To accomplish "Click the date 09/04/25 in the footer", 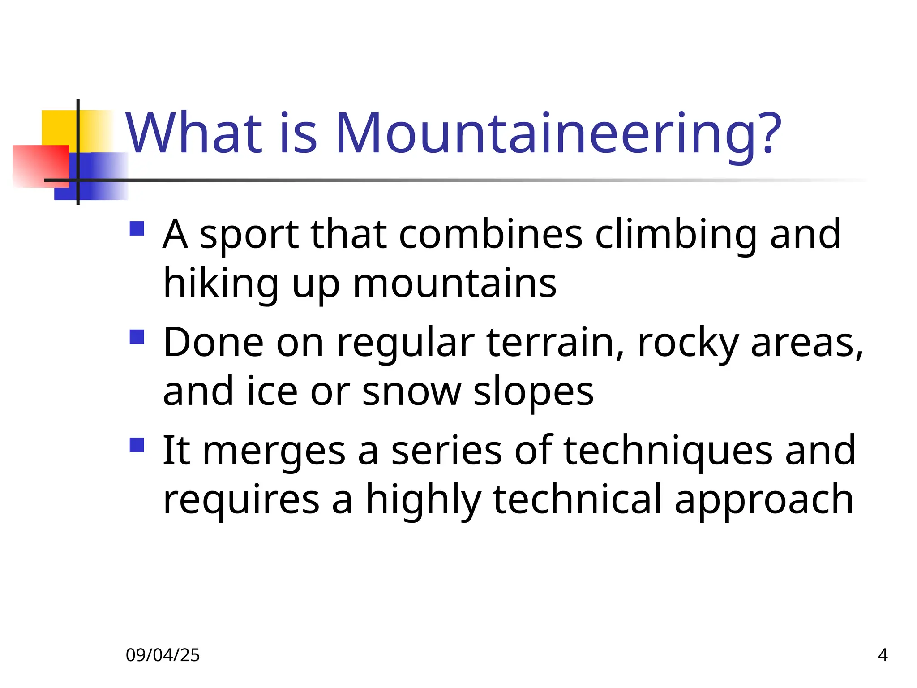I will click(163, 655).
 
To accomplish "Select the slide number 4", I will click(883, 655).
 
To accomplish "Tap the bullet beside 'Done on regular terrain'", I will click(137, 337).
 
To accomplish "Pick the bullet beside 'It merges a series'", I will click(137, 445).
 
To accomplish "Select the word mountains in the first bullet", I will click(454, 284).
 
